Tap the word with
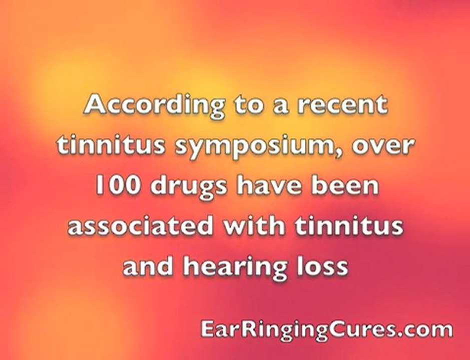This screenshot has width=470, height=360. (253, 226)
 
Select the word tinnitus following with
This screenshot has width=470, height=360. (348, 226)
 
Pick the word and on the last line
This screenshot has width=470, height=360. (149, 266)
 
